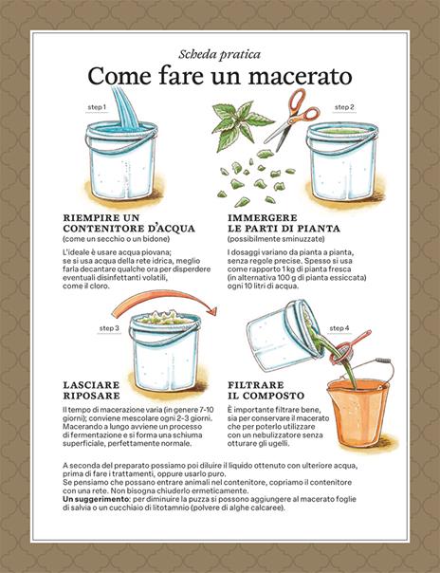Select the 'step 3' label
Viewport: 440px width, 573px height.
[109, 328]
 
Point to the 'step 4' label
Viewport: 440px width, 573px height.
[339, 328]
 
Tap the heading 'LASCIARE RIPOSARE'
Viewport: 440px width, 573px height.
[93, 390]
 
